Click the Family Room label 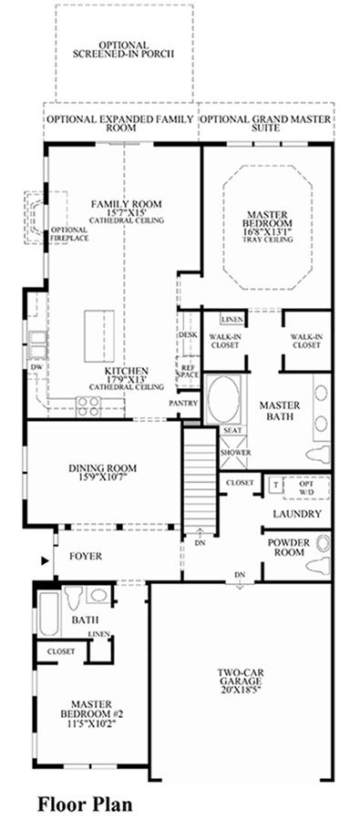tap(126, 204)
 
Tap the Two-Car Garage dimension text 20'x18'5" tap(241, 690)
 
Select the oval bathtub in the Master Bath tap(224, 398)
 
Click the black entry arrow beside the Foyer tap(45, 560)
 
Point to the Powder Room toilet tap(319, 565)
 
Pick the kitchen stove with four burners tap(88, 405)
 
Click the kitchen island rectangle tap(99, 335)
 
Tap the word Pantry tap(183, 404)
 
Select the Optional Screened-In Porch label tap(123, 50)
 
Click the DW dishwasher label tap(36, 368)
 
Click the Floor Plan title tap(84, 804)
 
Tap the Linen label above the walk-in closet tap(231, 319)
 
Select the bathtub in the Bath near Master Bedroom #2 tap(50, 614)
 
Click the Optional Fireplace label tap(69, 234)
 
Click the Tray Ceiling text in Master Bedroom tap(267, 239)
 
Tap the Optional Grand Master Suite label tap(266, 123)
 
